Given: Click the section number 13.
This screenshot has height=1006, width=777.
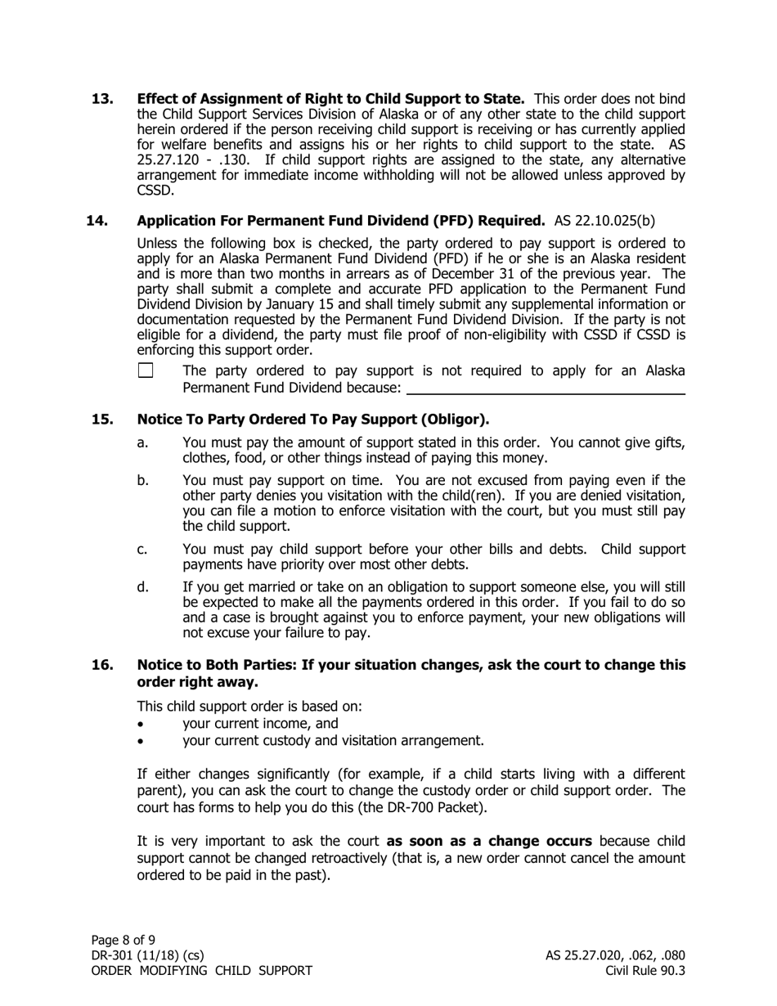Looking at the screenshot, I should click(x=102, y=99).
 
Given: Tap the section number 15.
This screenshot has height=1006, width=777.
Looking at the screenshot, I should click(x=102, y=420).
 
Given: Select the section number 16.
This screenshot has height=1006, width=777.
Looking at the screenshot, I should click(x=102, y=665).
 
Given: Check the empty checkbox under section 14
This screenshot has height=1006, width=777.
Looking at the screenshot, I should click(x=146, y=371).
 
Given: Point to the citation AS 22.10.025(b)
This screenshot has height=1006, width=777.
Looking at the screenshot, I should click(x=604, y=220).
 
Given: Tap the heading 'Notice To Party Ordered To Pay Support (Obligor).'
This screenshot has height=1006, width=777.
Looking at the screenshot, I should click(x=313, y=420).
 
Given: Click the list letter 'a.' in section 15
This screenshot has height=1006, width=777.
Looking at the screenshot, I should click(x=143, y=442).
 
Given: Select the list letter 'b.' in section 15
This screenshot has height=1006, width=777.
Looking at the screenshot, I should click(x=143, y=480).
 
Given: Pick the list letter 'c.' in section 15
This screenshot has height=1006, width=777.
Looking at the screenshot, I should click(x=143, y=549).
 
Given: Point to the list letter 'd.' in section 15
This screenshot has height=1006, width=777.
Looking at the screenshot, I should click(x=143, y=586).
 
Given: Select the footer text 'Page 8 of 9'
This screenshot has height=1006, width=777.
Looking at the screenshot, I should click(x=123, y=940).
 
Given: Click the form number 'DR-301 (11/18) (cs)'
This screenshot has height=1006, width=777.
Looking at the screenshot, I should click(x=147, y=955).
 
